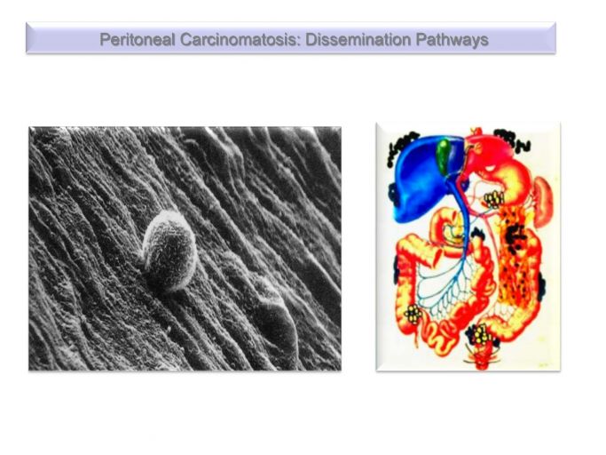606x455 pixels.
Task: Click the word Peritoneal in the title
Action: pyautogui.click(x=137, y=40)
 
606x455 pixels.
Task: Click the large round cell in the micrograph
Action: pyautogui.click(x=169, y=251)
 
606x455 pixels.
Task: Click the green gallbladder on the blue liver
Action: pyautogui.click(x=444, y=155)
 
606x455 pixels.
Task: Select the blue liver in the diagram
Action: pyautogui.click(x=423, y=178)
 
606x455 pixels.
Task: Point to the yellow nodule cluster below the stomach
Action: pyautogui.click(x=493, y=199)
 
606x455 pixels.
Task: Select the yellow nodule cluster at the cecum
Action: pyautogui.click(x=413, y=314)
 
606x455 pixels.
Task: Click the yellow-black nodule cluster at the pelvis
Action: pyautogui.click(x=480, y=334)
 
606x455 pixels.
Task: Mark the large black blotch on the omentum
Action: pyautogui.click(x=516, y=235)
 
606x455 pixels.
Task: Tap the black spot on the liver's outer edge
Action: pyautogui.click(x=393, y=194)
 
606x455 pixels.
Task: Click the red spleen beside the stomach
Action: pyautogui.click(x=545, y=202)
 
